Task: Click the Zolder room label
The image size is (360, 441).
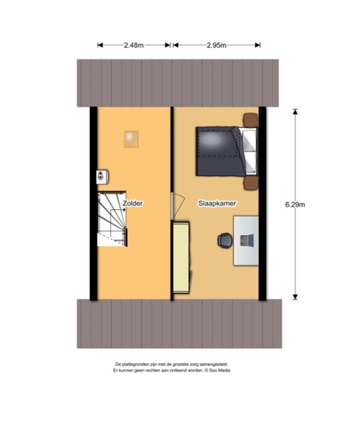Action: (133, 203)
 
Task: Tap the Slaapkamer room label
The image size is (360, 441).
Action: (217, 203)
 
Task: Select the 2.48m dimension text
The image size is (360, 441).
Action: (134, 45)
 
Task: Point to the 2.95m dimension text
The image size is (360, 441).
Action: (217, 45)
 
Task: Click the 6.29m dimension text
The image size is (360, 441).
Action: (295, 205)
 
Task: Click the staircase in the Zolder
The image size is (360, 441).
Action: (112, 219)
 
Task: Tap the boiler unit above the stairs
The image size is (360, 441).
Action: (103, 176)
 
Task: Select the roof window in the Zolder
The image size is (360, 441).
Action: (132, 139)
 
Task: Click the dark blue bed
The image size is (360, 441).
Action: (226, 151)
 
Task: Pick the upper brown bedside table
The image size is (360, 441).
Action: (251, 120)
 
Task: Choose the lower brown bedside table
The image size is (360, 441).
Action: (251, 183)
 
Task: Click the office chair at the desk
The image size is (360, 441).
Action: (225, 240)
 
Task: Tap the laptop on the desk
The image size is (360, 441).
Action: (247, 240)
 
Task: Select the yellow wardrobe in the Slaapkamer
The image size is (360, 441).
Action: (182, 257)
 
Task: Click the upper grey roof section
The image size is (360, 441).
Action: (178, 83)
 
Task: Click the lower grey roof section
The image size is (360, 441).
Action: (180, 324)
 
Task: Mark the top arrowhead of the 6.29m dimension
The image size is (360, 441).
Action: (295, 112)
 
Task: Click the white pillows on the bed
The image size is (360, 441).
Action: (249, 151)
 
